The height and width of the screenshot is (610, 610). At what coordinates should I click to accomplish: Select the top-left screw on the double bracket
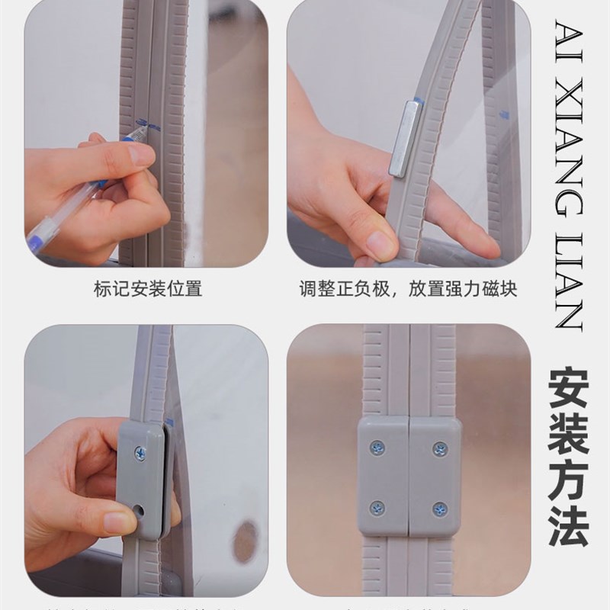click(377, 448)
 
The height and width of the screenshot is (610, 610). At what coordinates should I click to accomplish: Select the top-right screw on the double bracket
click(440, 448)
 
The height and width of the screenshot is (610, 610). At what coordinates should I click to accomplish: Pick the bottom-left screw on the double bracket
click(377, 508)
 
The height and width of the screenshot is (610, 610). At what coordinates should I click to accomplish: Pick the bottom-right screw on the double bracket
click(440, 508)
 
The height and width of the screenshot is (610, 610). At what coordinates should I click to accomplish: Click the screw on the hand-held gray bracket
click(140, 453)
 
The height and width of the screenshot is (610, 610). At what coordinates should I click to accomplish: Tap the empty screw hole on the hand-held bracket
click(138, 508)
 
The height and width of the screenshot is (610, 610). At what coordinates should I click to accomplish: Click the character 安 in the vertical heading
click(568, 390)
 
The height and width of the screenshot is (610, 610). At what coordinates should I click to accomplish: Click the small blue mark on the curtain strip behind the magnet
click(503, 115)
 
